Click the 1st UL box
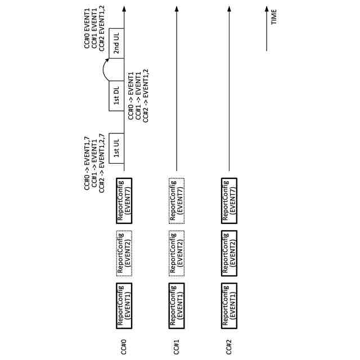pyautogui.click(x=117, y=151)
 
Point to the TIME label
pyautogui.click(x=274, y=17)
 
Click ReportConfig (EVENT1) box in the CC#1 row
pyautogui.click(x=177, y=304)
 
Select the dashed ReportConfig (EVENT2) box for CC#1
pyautogui.click(x=177, y=251)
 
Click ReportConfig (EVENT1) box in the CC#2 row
pyautogui.click(x=229, y=304)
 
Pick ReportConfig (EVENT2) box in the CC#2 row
pyautogui.click(x=229, y=251)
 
